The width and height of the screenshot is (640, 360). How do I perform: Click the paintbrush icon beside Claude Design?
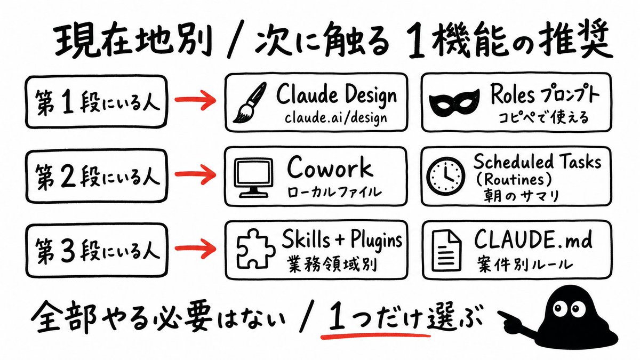[250, 103]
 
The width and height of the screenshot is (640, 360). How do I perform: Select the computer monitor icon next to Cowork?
[253, 178]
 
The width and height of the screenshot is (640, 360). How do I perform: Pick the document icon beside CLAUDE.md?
[446, 251]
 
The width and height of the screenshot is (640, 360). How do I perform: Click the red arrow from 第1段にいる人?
[195, 100]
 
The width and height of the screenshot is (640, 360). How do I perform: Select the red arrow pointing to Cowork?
[195, 174]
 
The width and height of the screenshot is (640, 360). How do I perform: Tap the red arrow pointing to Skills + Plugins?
[195, 248]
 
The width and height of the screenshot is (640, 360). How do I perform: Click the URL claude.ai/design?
[336, 118]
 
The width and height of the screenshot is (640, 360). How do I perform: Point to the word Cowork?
[330, 167]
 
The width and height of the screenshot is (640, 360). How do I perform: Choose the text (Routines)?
[514, 180]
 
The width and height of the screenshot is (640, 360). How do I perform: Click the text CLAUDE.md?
[533, 239]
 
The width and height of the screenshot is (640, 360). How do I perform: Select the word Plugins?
[377, 241]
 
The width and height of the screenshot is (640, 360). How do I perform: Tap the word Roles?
[513, 94]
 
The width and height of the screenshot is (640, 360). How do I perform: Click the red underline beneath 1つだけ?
[375, 335]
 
